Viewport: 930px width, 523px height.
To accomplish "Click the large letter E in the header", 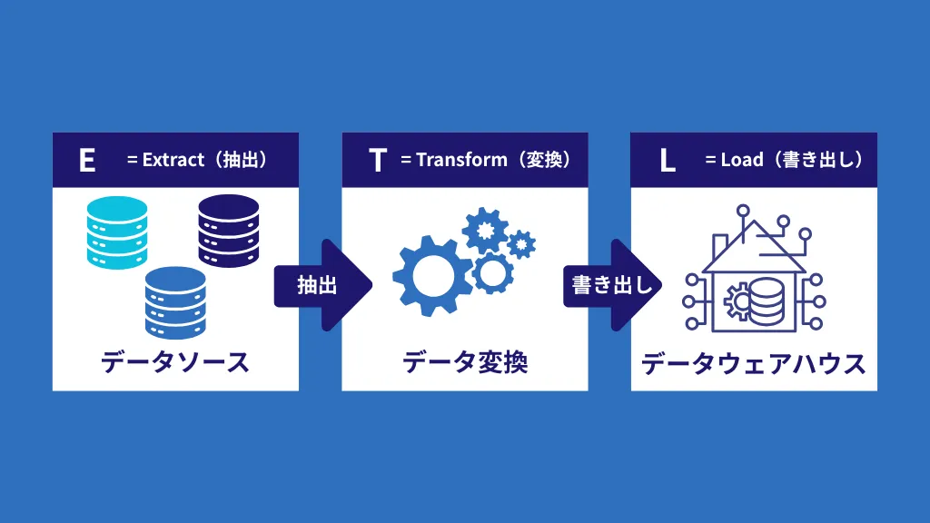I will tap(87, 160).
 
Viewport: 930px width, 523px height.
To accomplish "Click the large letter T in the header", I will tap(378, 160).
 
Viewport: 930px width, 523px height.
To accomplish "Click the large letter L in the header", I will tap(668, 160).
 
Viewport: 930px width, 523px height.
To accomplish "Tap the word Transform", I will tap(461, 160).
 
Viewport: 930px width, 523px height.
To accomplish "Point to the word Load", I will tap(742, 160).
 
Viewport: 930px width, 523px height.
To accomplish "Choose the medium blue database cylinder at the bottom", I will tap(175, 302).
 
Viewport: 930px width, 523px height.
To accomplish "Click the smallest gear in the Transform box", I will tap(521, 243).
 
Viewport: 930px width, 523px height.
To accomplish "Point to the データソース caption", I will tap(174, 362).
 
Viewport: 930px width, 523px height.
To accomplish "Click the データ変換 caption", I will tap(464, 362).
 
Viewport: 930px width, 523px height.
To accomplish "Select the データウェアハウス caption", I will tap(753, 364).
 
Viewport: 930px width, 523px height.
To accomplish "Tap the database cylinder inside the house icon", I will tap(766, 300).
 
